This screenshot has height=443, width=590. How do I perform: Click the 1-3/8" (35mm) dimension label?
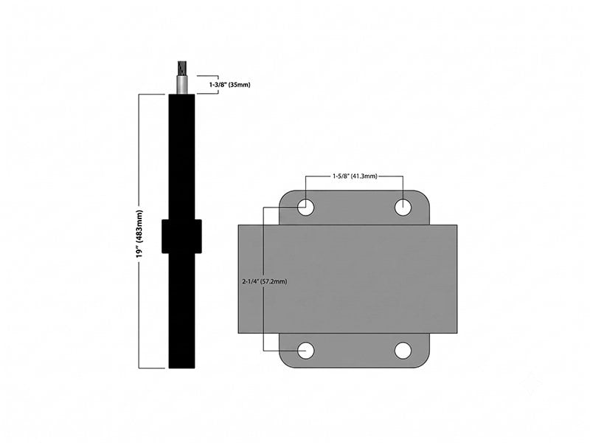[229, 85]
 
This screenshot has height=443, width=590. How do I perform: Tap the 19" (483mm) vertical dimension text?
[140, 234]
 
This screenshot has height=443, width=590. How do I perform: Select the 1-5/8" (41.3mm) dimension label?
[355, 176]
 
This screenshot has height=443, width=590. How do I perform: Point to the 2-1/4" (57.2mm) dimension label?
[265, 281]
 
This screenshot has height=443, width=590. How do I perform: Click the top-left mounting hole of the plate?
[305, 207]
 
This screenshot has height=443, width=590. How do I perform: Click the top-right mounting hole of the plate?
[403, 207]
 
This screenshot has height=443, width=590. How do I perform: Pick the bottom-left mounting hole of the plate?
[305, 351]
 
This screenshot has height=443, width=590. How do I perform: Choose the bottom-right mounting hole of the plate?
[403, 351]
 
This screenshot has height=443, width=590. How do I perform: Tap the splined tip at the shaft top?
[181, 69]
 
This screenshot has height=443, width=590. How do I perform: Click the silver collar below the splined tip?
[181, 85]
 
